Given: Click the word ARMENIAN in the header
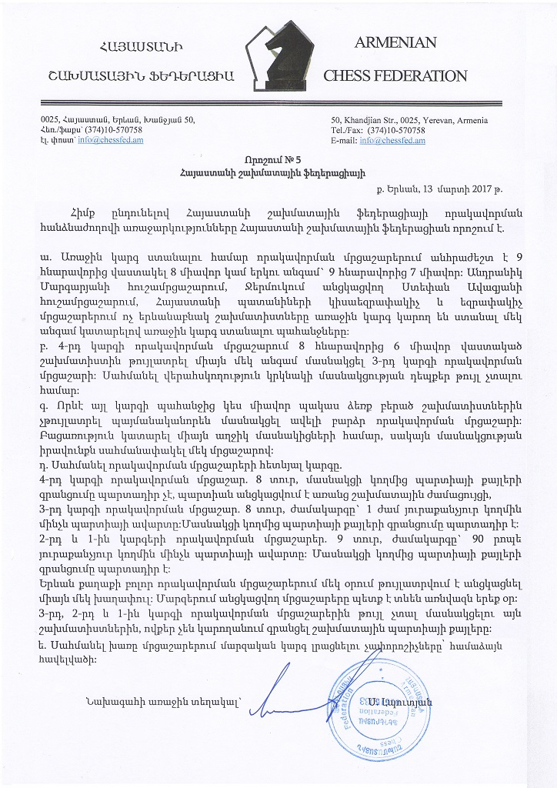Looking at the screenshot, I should pyautogui.click(x=395, y=43).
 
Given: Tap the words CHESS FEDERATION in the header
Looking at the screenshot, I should pyautogui.click(x=395, y=75).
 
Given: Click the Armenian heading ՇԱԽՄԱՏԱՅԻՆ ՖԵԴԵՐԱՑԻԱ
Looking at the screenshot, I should pyautogui.click(x=141, y=75).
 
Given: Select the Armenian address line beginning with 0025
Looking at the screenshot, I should pyautogui.click(x=117, y=120).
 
